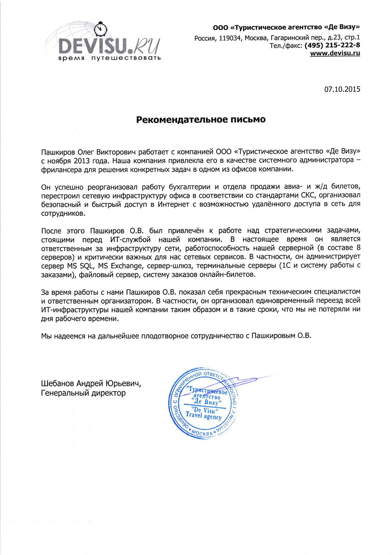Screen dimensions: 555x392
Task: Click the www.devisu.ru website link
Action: tap(335, 53)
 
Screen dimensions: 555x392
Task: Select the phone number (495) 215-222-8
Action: tap(332, 45)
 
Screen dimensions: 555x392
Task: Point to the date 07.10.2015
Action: tap(342, 89)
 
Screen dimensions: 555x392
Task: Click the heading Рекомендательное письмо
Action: tap(201, 120)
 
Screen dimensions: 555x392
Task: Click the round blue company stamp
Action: tap(203, 403)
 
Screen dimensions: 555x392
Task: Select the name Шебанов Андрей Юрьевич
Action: tap(91, 384)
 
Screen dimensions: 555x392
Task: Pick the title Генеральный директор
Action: tap(83, 393)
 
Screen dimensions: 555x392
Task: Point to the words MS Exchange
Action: tap(120, 266)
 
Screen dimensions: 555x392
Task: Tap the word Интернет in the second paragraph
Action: tap(174, 205)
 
